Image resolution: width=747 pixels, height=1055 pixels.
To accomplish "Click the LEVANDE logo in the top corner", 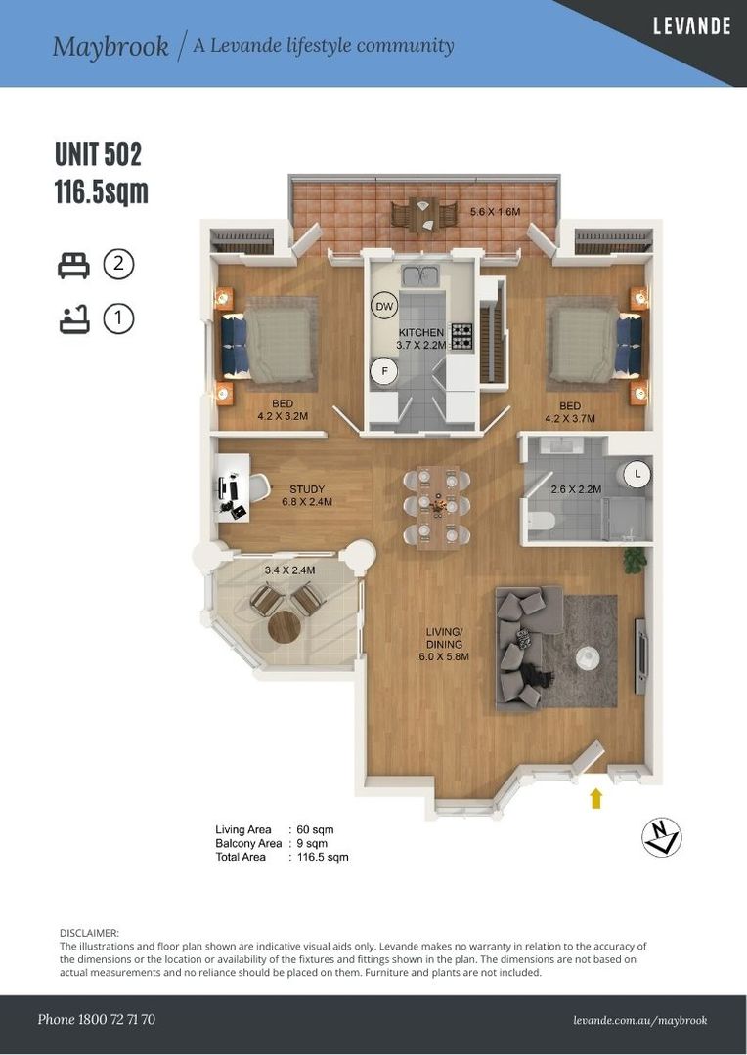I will coord(691,27).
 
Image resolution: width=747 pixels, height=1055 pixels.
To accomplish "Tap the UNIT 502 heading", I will coord(98,155).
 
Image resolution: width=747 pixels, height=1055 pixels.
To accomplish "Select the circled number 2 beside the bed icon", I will coord(118,265).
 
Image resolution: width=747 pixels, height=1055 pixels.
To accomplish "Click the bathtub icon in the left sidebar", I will coord(73,319).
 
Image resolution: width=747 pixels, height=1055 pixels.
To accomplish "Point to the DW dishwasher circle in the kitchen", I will coord(384,307).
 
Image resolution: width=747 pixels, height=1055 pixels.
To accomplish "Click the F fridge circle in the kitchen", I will coord(383,371).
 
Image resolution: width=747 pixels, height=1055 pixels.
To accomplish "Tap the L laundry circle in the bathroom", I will coord(637,475).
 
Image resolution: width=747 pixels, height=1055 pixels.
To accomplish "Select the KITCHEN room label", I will coord(420,333).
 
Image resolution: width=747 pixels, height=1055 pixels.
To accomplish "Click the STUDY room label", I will coord(306,489).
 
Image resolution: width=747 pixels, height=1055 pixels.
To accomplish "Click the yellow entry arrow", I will coord(596,799).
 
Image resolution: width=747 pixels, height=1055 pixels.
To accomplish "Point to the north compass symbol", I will coord(662,837).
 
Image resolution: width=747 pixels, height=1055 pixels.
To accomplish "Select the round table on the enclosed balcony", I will coord(284,627).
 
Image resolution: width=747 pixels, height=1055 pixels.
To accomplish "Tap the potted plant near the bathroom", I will coord(636,560).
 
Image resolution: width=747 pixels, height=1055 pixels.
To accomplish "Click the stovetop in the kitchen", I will coord(461,337).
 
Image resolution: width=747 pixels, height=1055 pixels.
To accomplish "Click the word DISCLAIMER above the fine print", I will coord(89,934).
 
